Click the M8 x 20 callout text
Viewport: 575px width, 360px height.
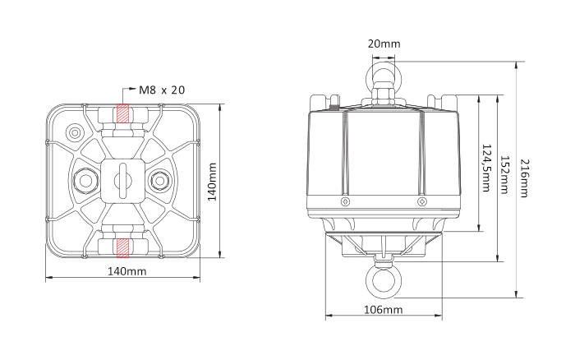(x=161, y=90)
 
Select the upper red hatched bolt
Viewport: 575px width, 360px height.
(x=122, y=115)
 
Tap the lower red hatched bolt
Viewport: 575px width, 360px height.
(x=122, y=247)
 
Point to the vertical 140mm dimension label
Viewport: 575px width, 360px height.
(x=213, y=181)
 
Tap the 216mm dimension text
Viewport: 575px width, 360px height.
(x=523, y=178)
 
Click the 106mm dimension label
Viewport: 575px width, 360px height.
(x=382, y=310)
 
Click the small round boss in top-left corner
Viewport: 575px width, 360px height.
(x=76, y=132)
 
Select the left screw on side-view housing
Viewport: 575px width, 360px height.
(x=344, y=201)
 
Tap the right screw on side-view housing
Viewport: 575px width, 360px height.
(x=421, y=201)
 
